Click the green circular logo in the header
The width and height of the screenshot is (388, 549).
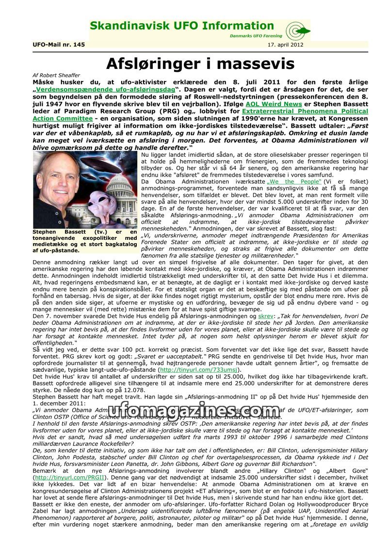click(295, 31)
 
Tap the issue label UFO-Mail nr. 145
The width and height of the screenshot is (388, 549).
click(59, 45)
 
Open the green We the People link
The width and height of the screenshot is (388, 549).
click(294, 182)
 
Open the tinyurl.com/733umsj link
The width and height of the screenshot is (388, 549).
click(200, 369)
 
